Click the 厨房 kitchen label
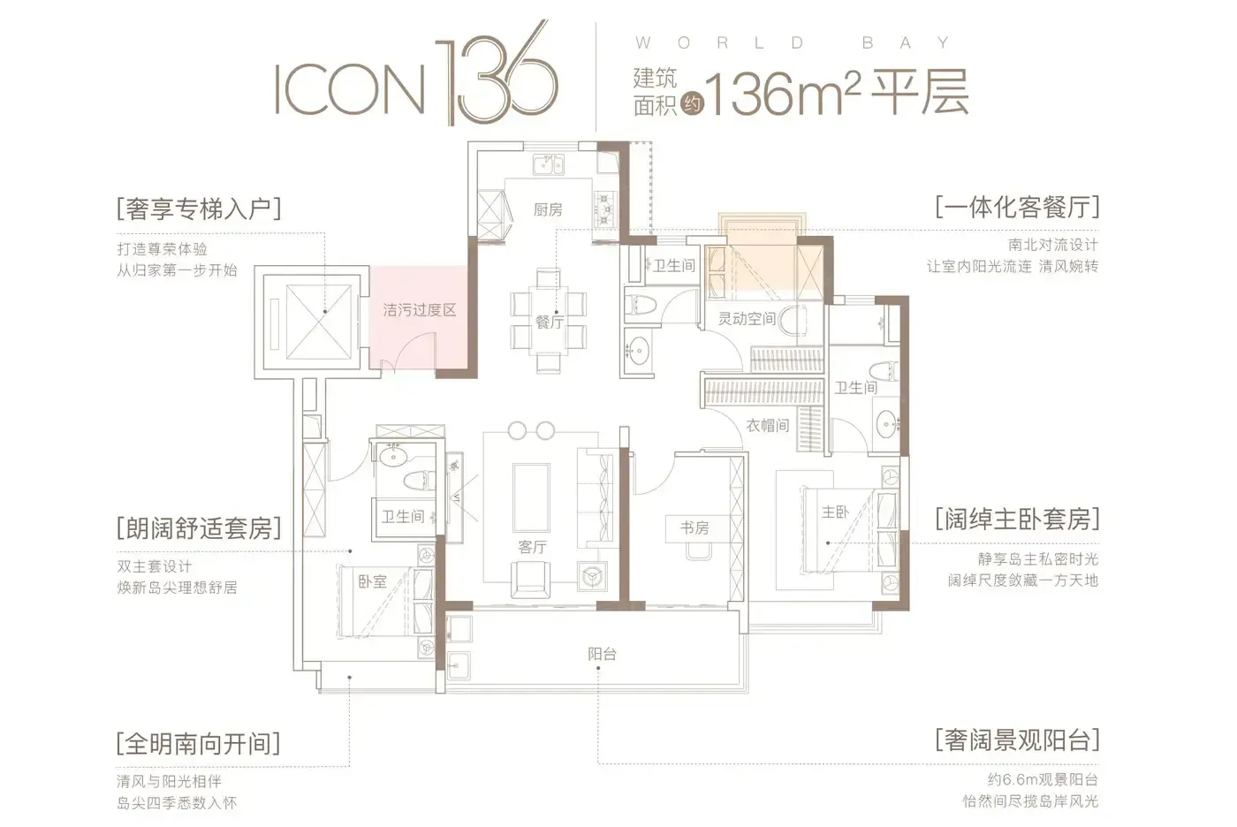point(547,209)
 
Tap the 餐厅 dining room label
point(549,322)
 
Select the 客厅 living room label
point(532,547)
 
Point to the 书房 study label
point(694,528)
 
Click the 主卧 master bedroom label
point(835,512)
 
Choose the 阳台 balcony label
point(602,654)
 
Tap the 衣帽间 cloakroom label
point(768,425)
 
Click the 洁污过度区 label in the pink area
point(420,310)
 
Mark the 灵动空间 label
point(747,319)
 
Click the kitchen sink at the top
point(549,165)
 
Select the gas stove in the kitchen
point(605,209)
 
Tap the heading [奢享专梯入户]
point(199,209)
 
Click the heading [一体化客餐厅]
point(1017,207)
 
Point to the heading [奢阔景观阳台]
point(1017,740)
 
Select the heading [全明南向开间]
point(199,744)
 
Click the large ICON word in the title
point(350,89)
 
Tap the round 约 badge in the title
point(692,103)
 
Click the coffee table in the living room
point(531,498)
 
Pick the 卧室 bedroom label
point(373,581)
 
